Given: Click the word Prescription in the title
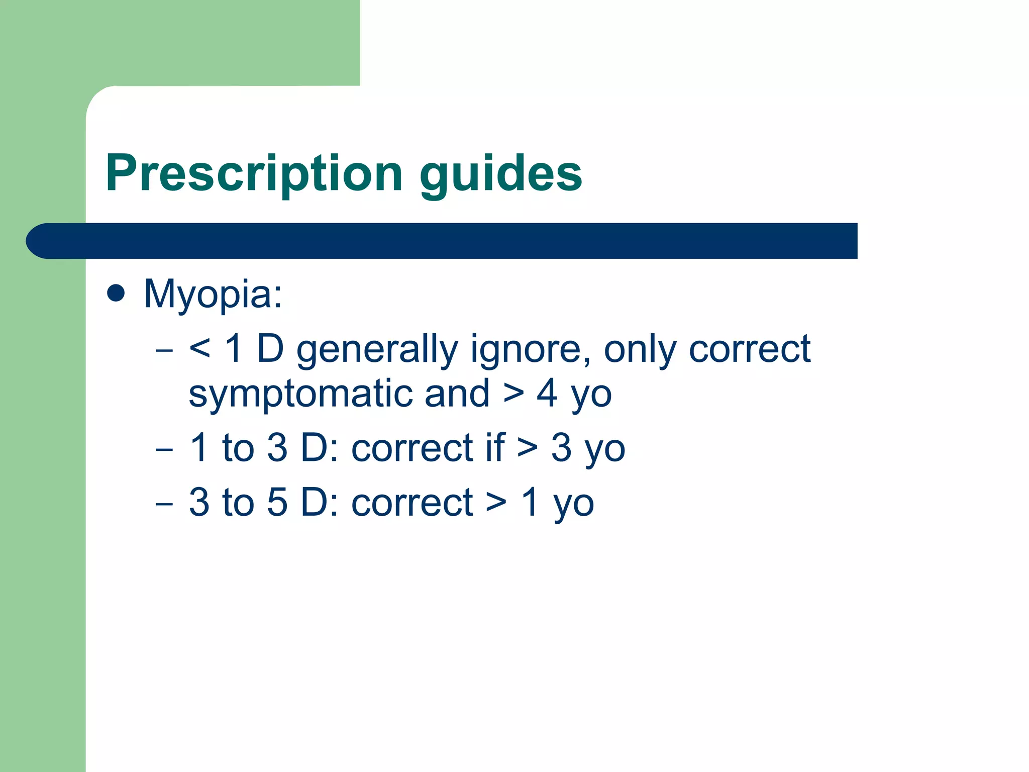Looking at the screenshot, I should tap(254, 173).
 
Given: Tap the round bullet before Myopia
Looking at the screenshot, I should tap(116, 293).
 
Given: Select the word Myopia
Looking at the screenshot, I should tap(213, 294).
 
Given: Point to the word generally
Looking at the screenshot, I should tap(377, 350).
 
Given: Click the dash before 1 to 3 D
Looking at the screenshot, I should tap(164, 448).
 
